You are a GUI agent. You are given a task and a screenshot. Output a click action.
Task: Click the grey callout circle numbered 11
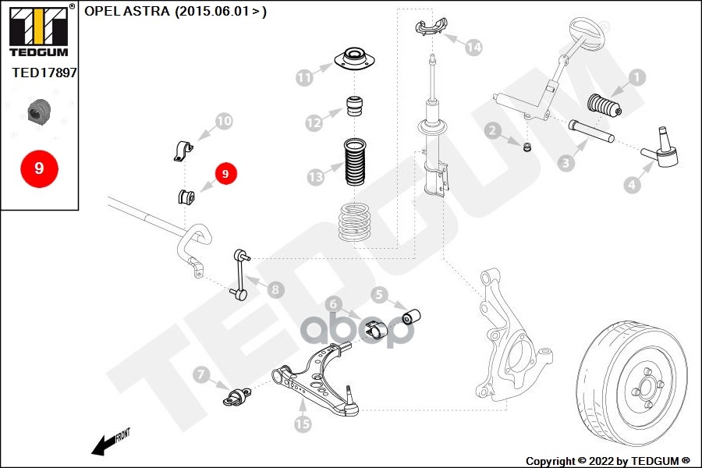(x=304, y=77)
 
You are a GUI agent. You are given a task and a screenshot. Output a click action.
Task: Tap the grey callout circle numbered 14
(x=473, y=48)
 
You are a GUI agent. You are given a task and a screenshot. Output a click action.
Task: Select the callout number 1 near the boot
(x=636, y=76)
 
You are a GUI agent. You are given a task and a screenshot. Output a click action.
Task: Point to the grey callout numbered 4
(x=631, y=185)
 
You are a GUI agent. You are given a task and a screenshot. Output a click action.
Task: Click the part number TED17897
(x=44, y=73)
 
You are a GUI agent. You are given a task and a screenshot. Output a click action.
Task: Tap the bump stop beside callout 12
(x=356, y=106)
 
